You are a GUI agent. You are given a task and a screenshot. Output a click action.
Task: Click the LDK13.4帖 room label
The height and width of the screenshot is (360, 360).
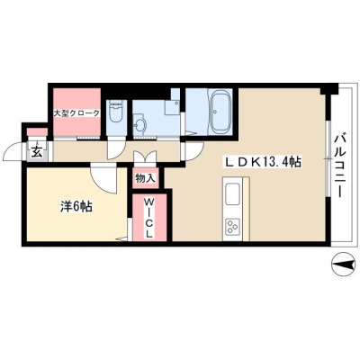point(263,162)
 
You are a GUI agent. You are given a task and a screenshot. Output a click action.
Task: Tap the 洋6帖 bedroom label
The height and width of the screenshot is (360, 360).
point(76,207)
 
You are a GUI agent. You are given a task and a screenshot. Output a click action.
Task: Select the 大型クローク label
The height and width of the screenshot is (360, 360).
point(76,113)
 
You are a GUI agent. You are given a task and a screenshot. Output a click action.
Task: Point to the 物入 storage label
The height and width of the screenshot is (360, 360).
point(145,178)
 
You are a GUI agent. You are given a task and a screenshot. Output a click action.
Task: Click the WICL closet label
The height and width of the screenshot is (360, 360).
point(149,218)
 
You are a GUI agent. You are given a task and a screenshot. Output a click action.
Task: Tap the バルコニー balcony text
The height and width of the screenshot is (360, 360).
point(340,166)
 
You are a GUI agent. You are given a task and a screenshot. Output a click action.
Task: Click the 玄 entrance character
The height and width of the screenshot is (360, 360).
point(36,152)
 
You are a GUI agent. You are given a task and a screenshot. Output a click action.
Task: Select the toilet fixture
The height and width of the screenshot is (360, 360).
point(116,112)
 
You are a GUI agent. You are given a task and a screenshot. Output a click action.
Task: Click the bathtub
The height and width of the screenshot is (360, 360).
point(220,112)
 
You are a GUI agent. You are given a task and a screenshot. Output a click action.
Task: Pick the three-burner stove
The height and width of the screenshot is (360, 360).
point(231,227)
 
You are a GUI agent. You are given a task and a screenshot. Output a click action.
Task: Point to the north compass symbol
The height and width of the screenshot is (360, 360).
point(343,265)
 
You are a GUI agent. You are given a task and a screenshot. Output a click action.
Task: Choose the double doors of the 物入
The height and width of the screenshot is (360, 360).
point(145,157)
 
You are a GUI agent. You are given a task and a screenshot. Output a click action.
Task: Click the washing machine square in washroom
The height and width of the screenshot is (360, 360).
point(172,107)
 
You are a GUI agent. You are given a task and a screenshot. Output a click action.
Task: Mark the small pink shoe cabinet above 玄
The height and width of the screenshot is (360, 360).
point(37,132)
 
